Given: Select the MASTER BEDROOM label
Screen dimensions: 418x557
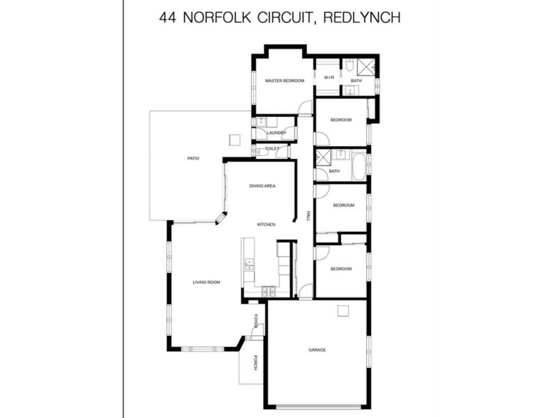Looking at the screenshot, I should click(x=285, y=82).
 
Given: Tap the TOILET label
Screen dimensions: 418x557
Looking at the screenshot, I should click(x=272, y=148).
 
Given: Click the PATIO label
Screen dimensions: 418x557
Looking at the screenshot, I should click(x=194, y=159).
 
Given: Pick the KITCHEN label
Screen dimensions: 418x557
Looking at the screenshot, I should click(x=267, y=224).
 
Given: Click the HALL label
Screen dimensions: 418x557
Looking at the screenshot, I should click(x=308, y=216).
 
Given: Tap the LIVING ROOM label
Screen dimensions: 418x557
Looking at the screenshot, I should click(x=207, y=282).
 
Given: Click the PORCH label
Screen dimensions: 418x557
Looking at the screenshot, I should click(x=256, y=363).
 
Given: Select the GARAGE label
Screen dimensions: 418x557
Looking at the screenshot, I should click(x=317, y=350).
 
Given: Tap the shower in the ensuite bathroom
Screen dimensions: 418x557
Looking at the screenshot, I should click(x=367, y=67).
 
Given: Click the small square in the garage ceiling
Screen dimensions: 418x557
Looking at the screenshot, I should click(x=342, y=311).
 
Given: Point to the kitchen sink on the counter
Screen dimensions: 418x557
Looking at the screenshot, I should click(x=249, y=263).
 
